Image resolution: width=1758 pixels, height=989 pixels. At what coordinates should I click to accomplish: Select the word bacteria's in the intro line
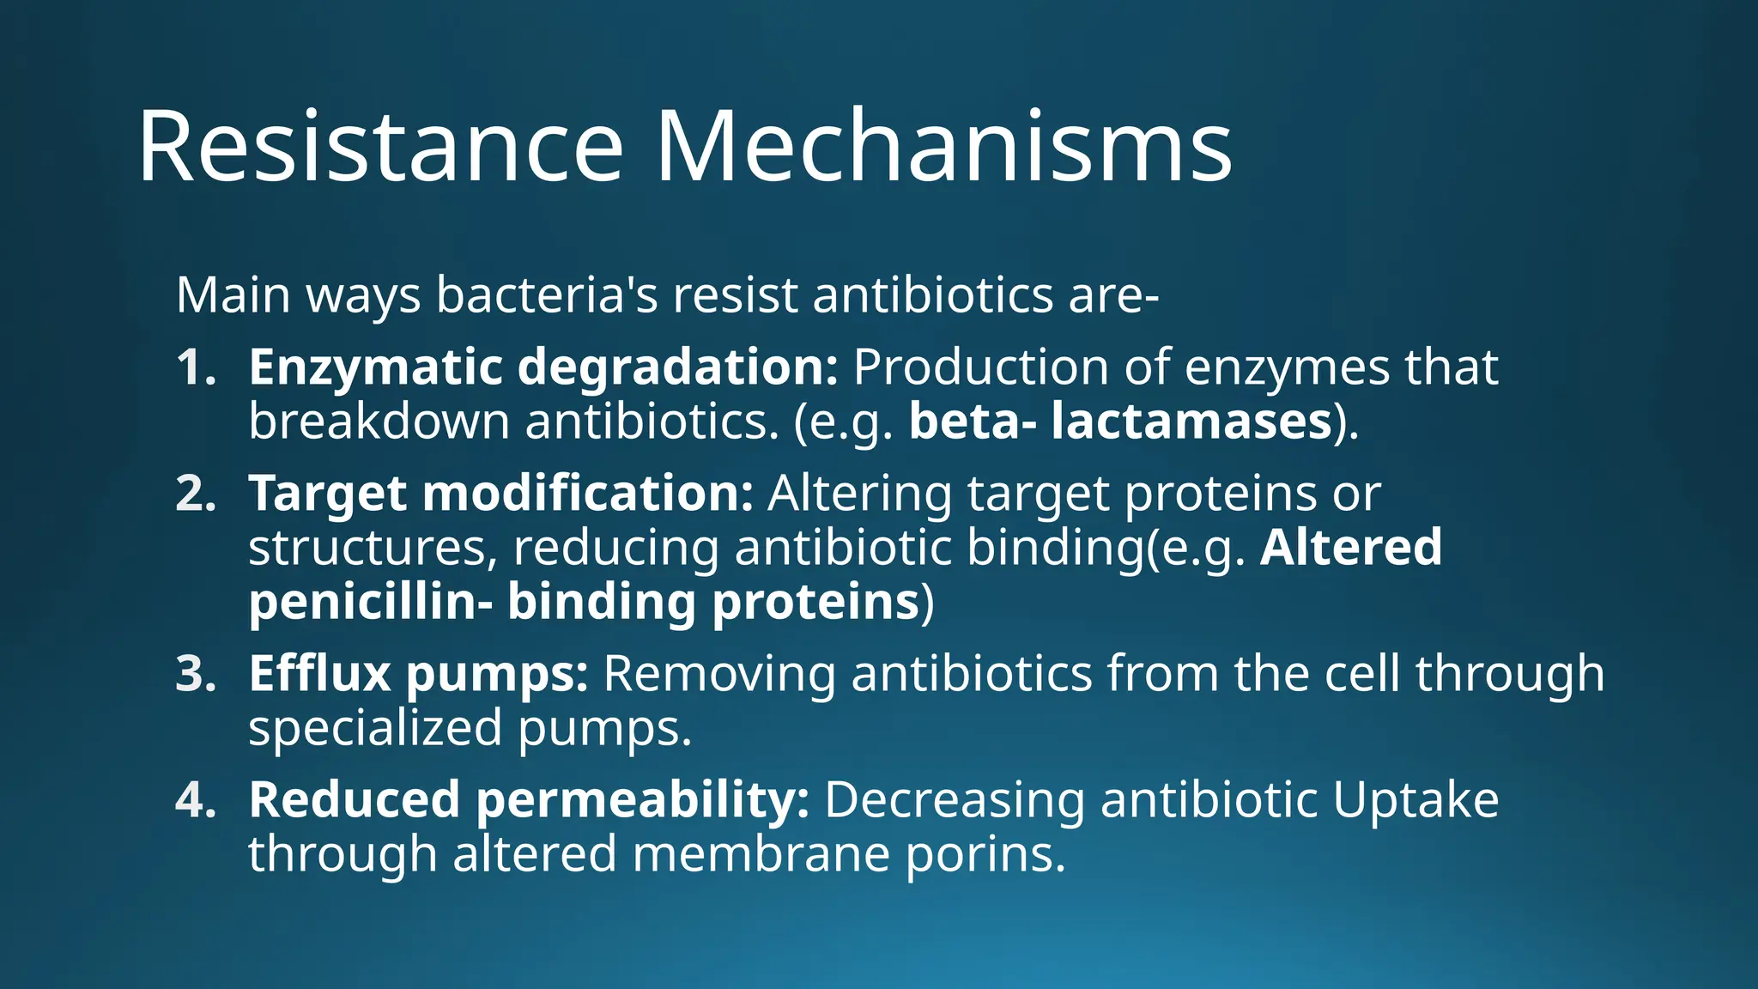click(x=547, y=295)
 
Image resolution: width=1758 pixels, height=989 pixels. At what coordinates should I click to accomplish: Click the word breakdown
click(x=379, y=422)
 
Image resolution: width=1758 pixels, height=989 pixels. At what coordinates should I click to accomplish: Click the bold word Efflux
click(x=319, y=674)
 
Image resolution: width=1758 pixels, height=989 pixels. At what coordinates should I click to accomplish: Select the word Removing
click(x=719, y=674)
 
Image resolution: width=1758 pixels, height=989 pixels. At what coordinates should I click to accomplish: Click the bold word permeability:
click(x=642, y=800)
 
